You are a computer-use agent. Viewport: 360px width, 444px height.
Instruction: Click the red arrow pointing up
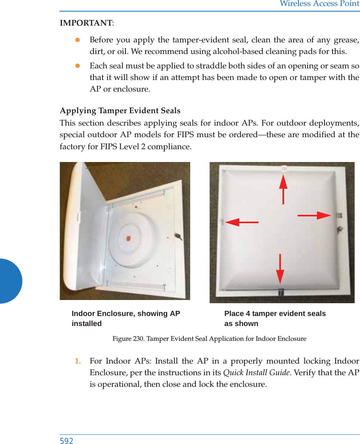(283, 189)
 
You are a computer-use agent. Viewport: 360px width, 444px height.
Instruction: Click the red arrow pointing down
(280, 269)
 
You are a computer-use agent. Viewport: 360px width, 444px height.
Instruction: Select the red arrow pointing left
(241, 222)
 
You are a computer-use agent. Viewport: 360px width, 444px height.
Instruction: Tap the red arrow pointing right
(314, 215)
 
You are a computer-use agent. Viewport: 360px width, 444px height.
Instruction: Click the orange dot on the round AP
(129, 239)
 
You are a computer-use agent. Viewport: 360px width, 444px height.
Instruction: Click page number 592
(66, 440)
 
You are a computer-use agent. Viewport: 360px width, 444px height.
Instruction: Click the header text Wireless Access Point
(319, 4)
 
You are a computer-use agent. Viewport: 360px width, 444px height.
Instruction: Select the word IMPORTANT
(86, 23)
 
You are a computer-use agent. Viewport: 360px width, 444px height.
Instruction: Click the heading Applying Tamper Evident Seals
(120, 110)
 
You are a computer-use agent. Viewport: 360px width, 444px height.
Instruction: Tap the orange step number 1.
(78, 361)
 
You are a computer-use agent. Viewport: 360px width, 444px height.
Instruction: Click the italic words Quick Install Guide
(256, 373)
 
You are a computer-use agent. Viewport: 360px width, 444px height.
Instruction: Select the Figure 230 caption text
(209, 339)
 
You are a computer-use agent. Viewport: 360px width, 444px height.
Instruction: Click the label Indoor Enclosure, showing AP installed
(125, 318)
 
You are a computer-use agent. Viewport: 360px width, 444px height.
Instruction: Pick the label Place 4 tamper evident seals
(275, 314)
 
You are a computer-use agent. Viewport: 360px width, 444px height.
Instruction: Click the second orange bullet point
(78, 66)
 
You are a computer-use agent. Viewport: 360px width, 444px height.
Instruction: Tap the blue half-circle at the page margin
(10, 281)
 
